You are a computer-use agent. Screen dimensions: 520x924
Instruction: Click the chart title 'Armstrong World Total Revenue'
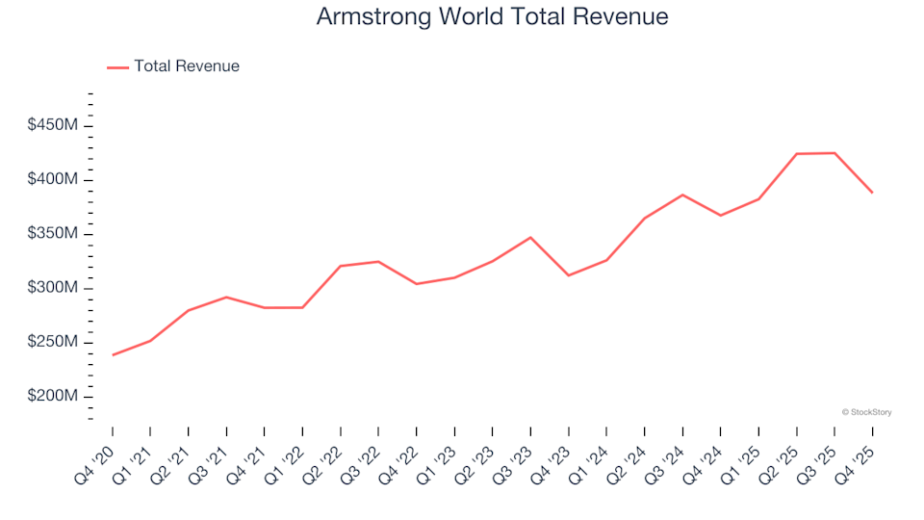(x=492, y=17)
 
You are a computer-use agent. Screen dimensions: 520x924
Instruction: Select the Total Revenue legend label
(x=187, y=66)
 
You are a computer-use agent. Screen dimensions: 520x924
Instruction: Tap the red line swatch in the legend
(x=117, y=66)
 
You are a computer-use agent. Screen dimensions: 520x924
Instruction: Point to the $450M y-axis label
(x=54, y=126)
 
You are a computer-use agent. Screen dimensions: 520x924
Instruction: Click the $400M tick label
(x=54, y=180)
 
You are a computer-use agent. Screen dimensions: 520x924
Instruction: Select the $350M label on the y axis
(x=54, y=234)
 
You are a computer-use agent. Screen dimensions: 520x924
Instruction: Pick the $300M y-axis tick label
(x=54, y=288)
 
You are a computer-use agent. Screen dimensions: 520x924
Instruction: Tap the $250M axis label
(x=54, y=343)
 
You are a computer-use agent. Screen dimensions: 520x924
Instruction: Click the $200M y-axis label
(x=54, y=397)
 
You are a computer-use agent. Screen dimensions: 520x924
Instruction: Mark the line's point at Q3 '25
(x=834, y=153)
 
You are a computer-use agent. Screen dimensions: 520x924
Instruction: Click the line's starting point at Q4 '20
(x=113, y=355)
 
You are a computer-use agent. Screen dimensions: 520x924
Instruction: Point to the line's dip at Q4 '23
(x=569, y=275)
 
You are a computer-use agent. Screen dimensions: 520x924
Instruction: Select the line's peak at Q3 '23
(x=530, y=237)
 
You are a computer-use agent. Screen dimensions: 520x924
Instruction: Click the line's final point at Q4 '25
(x=873, y=193)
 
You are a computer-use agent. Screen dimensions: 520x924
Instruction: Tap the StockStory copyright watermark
(x=866, y=412)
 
